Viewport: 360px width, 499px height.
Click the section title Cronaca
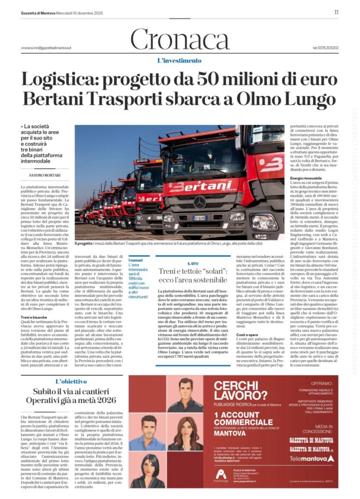coord(180,40)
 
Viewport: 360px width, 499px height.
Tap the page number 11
coord(337,12)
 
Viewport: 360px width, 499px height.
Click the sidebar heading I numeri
coord(135,261)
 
